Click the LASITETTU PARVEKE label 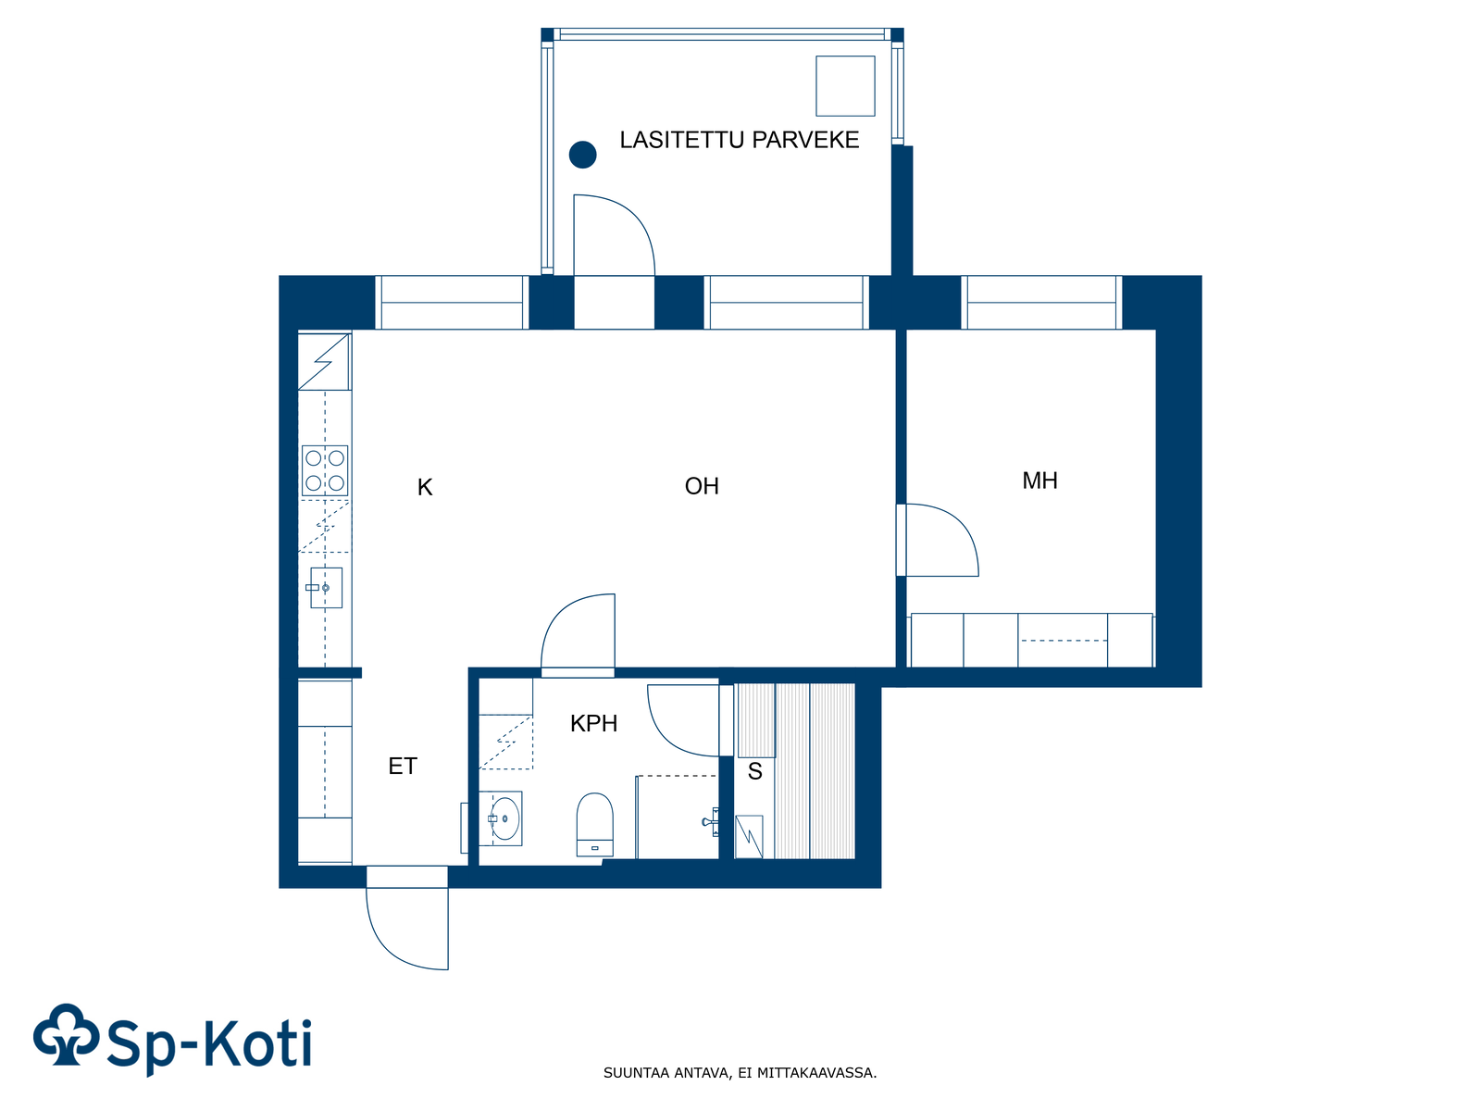(x=739, y=140)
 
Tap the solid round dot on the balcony (x=582, y=155)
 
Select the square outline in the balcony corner (x=845, y=86)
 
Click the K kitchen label (x=424, y=487)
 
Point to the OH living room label (x=702, y=486)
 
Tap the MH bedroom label (x=1039, y=481)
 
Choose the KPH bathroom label (x=593, y=723)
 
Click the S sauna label (x=755, y=771)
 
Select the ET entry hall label (x=403, y=766)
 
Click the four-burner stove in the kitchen (x=325, y=471)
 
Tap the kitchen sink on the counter (x=325, y=588)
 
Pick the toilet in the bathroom (x=594, y=824)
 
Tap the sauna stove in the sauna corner (x=748, y=836)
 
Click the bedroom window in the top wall (x=1041, y=302)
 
